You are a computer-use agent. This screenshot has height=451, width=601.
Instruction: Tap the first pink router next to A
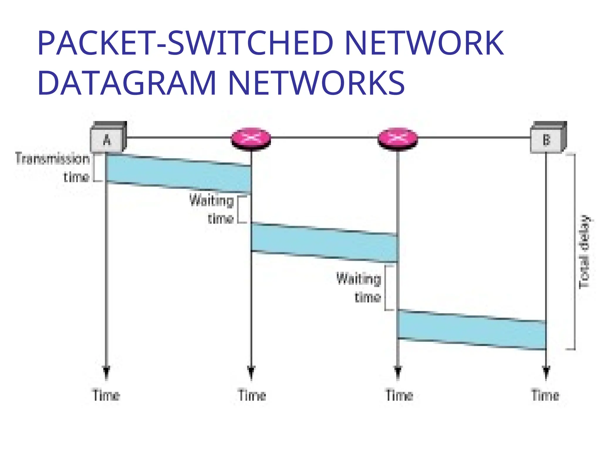251,139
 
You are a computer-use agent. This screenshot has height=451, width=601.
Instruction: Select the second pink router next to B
397,139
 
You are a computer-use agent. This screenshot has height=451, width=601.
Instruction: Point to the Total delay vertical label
584,252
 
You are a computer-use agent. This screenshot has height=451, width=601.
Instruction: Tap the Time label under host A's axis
107,395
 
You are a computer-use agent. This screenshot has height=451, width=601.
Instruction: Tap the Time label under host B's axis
545,395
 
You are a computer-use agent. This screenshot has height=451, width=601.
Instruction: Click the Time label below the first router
252,395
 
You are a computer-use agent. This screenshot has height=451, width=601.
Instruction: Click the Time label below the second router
399,395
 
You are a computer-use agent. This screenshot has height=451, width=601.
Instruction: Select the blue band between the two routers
324,243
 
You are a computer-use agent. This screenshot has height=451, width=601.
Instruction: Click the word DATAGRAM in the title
127,83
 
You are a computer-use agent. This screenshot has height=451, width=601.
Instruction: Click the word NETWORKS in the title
316,83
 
